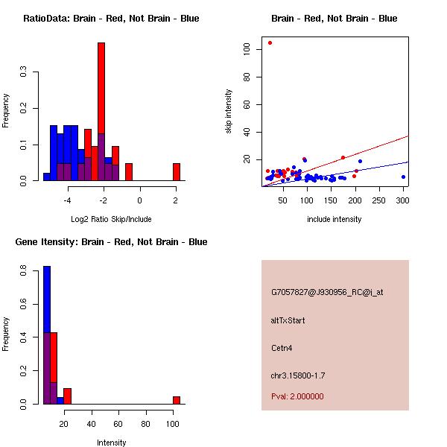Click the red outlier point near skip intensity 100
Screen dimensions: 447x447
tap(270, 43)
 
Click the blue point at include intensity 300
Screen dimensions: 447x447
tap(403, 177)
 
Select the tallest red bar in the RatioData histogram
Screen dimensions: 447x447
tap(101, 112)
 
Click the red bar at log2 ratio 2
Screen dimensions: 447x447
tap(177, 172)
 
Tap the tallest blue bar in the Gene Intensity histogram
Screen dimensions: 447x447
tap(46, 335)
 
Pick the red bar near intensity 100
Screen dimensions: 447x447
tap(177, 400)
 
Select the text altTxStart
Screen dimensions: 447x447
tap(288, 320)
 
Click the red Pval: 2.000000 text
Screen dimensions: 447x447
tap(297, 396)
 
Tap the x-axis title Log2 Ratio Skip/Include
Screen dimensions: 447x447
tap(111, 219)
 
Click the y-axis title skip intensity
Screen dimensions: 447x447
tap(229, 112)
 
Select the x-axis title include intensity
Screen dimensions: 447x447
tap(334, 219)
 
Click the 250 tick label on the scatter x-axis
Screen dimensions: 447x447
tap(378, 200)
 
